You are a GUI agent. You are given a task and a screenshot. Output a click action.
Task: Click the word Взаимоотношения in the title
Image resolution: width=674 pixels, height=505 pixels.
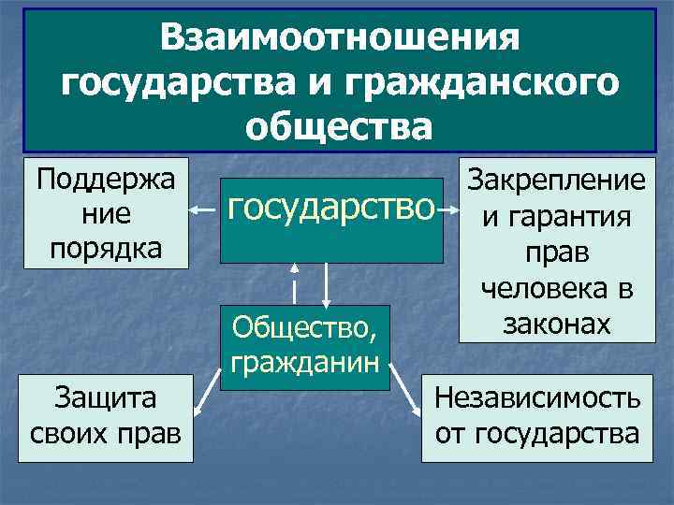[338, 40]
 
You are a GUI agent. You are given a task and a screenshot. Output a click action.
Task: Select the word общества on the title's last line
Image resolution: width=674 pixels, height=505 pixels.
[340, 125]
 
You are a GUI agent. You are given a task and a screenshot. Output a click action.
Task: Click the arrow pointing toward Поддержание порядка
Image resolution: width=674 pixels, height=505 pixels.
[204, 211]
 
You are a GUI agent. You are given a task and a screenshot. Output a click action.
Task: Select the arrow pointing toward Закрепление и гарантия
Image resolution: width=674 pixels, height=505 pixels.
[452, 211]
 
